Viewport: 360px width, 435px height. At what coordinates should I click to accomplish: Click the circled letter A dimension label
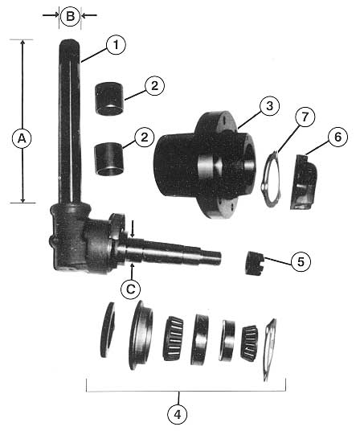pyautogui.click(x=22, y=138)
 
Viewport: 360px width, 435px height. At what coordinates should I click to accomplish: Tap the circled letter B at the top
pyautogui.click(x=70, y=16)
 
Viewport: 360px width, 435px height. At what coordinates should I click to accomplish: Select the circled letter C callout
pyautogui.click(x=131, y=289)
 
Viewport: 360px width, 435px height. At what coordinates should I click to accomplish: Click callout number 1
pyautogui.click(x=116, y=45)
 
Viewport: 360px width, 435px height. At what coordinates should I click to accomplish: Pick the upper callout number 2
pyautogui.click(x=154, y=86)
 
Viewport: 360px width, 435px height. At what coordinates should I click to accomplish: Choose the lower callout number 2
pyautogui.click(x=144, y=137)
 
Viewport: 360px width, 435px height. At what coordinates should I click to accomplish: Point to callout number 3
pyautogui.click(x=269, y=106)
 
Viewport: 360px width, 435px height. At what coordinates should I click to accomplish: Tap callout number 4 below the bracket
pyautogui.click(x=178, y=414)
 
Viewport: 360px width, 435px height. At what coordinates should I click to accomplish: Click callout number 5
pyautogui.click(x=301, y=261)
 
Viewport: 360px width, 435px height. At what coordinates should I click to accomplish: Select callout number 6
pyautogui.click(x=337, y=137)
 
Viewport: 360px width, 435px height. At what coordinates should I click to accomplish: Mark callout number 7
pyautogui.click(x=305, y=117)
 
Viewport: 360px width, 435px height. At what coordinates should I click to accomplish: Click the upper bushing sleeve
pyautogui.click(x=109, y=98)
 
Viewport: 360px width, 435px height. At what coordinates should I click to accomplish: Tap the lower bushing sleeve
pyautogui.click(x=108, y=159)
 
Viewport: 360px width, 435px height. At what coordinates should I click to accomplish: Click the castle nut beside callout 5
pyautogui.click(x=254, y=263)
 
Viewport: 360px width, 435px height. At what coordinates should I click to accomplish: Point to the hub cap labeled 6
pyautogui.click(x=304, y=182)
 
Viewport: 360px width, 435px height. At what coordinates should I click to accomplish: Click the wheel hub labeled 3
pyautogui.click(x=205, y=165)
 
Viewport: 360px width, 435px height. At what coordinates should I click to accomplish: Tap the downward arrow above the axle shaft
pyautogui.click(x=133, y=229)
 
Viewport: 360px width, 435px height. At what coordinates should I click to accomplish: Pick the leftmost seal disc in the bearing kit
pyautogui.click(x=108, y=330)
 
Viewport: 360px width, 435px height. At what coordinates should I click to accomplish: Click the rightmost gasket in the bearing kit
pyautogui.click(x=269, y=350)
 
